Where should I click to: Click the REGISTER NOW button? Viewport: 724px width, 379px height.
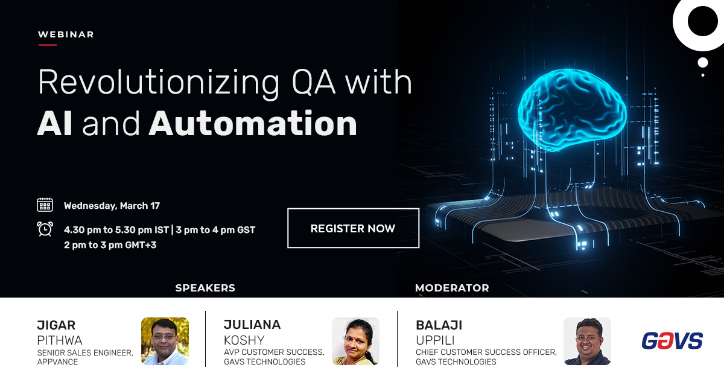[x=353, y=228]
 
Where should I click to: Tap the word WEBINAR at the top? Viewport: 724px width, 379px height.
[x=66, y=34]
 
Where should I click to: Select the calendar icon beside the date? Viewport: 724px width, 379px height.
[x=45, y=205]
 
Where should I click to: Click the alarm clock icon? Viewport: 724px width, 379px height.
[x=45, y=229]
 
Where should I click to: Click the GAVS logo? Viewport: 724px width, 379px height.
[x=672, y=341]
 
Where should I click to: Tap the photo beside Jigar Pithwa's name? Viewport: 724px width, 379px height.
[x=165, y=341]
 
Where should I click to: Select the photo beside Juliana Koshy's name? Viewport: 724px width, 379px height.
[x=355, y=341]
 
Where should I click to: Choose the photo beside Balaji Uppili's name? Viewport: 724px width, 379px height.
[x=587, y=341]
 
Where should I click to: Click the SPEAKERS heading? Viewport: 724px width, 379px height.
[x=205, y=288]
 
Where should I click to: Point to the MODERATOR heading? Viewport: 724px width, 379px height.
[x=452, y=288]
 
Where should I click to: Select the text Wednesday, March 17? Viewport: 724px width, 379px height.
[x=112, y=206]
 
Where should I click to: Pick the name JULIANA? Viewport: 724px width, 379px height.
[x=252, y=325]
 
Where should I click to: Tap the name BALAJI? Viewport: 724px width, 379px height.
[x=439, y=325]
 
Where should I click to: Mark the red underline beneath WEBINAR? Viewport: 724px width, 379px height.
[x=47, y=45]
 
